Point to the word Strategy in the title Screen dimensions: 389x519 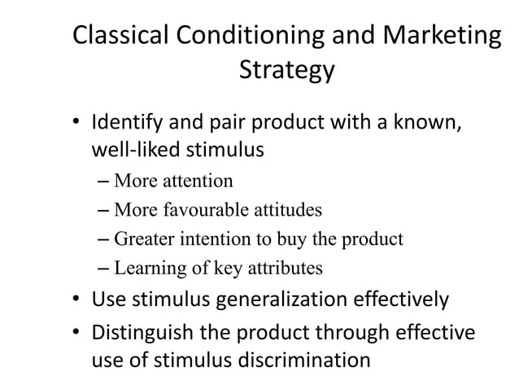click(x=286, y=72)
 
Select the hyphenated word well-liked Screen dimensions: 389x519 click(x=130, y=151)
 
